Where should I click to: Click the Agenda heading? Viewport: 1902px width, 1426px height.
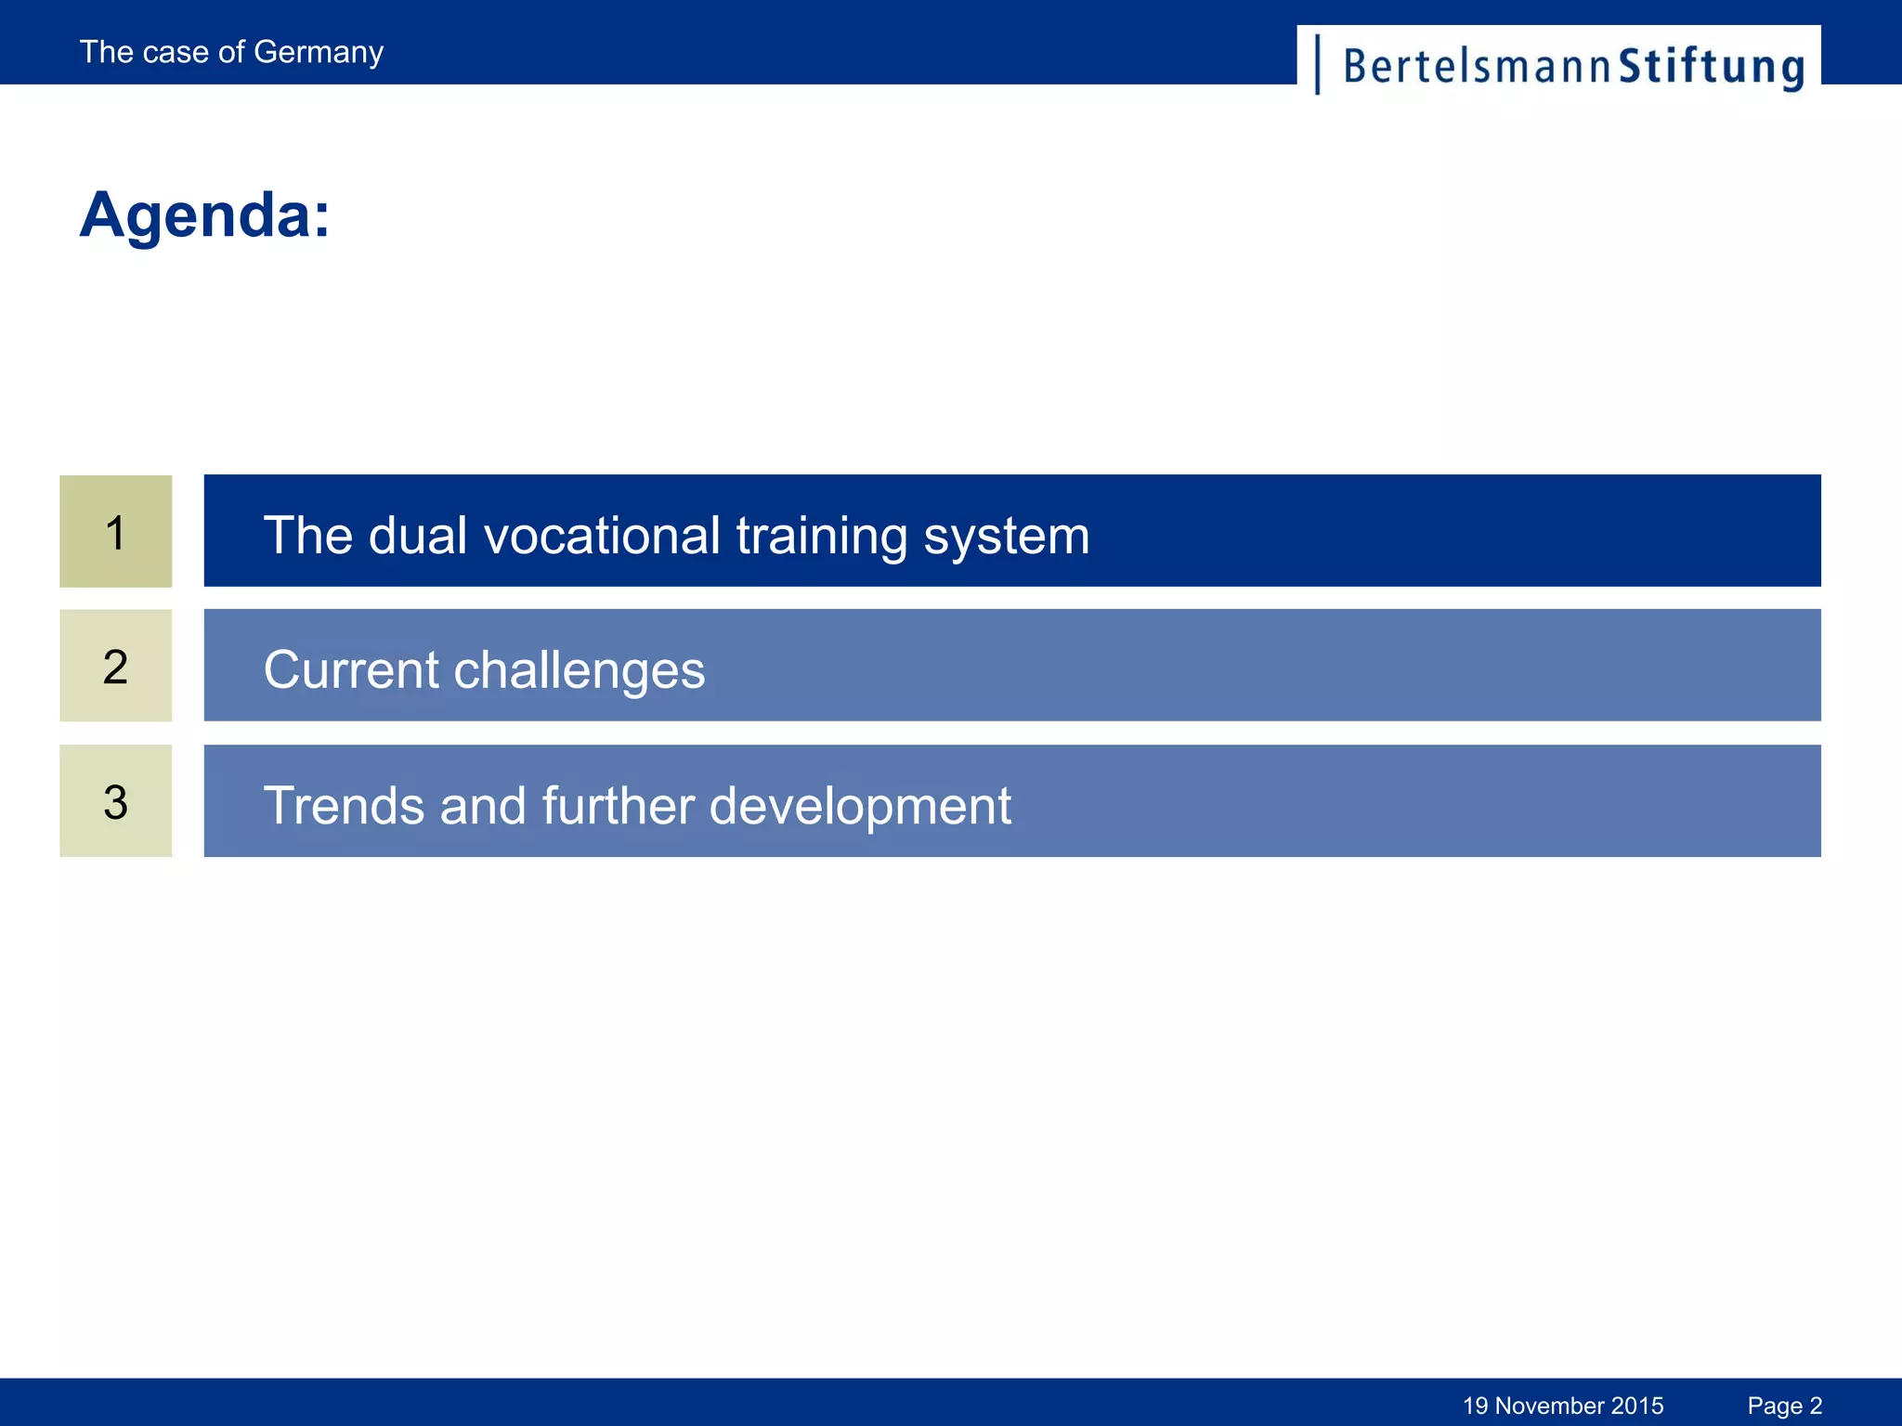pyautogui.click(x=204, y=215)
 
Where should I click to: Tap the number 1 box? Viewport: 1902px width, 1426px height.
pyautogui.click(x=115, y=532)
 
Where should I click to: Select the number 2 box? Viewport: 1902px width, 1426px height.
pyautogui.click(x=115, y=667)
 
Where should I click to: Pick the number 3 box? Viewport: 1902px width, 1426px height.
pyautogui.click(x=115, y=801)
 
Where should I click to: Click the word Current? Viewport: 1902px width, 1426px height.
pyautogui.click(x=350, y=670)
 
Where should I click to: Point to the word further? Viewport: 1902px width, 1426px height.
pyautogui.click(x=618, y=805)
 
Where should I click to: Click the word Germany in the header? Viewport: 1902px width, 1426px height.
pyautogui.click(x=318, y=53)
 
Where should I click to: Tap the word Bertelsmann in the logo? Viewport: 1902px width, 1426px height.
pyautogui.click(x=1477, y=67)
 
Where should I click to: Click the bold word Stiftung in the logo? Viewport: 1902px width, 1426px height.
pyautogui.click(x=1712, y=67)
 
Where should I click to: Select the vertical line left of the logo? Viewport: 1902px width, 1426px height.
pyautogui.click(x=1318, y=64)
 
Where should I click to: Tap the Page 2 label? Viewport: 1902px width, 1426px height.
pyautogui.click(x=1784, y=1406)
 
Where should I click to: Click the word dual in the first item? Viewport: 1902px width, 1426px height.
pyautogui.click(x=417, y=536)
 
